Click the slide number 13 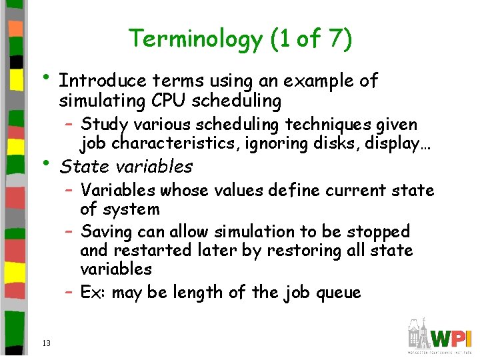click(x=46, y=343)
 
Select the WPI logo click(x=440, y=337)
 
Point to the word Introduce click(x=102, y=81)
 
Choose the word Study click(x=105, y=125)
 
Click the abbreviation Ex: click(x=94, y=292)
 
